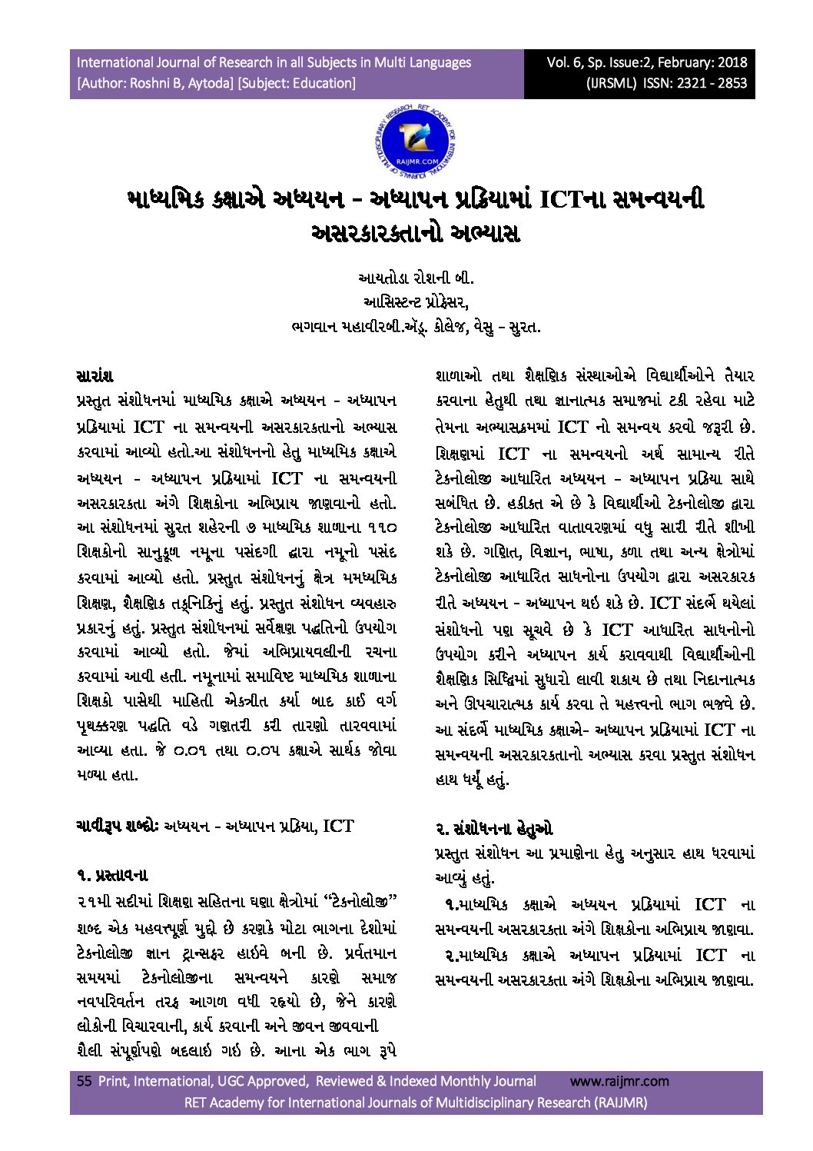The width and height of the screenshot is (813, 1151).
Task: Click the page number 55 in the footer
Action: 84,1081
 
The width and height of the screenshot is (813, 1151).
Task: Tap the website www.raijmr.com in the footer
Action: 619,1081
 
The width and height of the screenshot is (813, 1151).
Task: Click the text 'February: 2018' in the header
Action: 701,62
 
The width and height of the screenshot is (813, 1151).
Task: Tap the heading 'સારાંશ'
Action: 95,376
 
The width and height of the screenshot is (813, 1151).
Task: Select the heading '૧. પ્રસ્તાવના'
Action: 112,875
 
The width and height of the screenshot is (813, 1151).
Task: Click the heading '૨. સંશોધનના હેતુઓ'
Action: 493,829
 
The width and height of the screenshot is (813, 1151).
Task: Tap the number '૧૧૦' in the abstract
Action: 380,527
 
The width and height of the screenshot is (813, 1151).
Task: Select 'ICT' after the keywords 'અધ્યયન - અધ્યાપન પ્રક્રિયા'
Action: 338,826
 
